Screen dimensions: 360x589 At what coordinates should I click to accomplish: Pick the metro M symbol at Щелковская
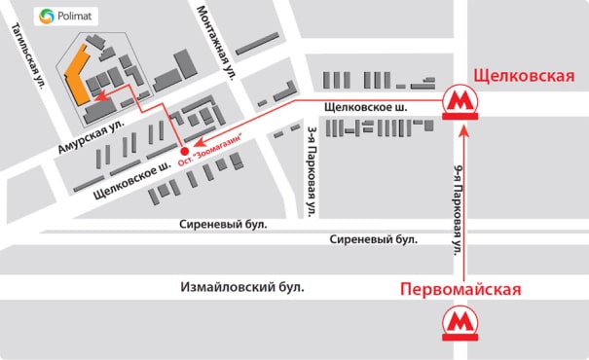(x=459, y=102)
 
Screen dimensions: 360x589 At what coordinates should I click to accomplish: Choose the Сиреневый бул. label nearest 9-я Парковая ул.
(x=374, y=239)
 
